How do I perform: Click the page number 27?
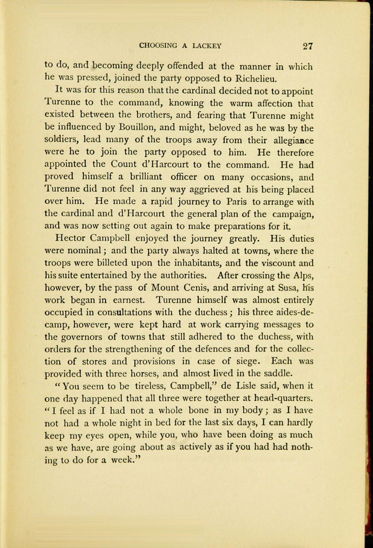click(x=307, y=46)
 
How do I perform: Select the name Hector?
click(x=74, y=238)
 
